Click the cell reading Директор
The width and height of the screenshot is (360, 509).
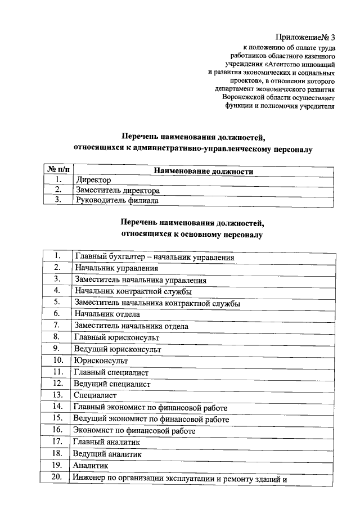pos(93,181)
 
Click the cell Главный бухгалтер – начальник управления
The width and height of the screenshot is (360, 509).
pos(154,258)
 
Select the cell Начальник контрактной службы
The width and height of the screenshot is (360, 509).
pos(133,291)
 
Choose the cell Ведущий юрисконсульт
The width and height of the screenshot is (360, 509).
pos(118,349)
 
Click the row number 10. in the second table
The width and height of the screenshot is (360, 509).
pos(57,360)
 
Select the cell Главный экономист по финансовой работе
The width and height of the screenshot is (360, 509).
pos(150,407)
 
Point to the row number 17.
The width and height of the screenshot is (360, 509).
pos(57,442)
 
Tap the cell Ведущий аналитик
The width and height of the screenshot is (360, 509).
pos(107,453)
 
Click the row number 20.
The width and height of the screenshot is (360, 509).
pos(57,478)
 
